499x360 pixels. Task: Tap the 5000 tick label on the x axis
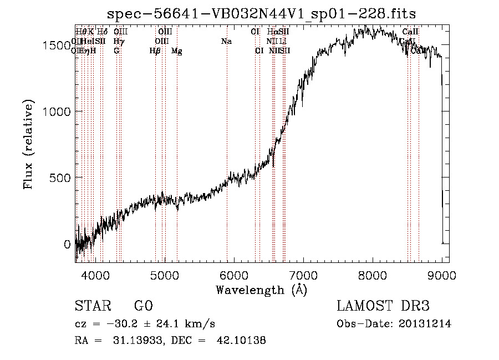(164, 275)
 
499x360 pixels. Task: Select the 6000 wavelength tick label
(233, 275)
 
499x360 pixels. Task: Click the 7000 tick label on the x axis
(303, 275)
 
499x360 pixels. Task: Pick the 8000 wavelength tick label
(373, 275)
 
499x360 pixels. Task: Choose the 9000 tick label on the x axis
(442, 275)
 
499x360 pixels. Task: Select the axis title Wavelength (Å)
(261, 290)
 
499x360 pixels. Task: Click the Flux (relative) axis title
(28, 144)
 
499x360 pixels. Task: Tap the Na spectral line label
(226, 42)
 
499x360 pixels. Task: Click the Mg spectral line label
(177, 51)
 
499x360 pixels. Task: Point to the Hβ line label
(155, 51)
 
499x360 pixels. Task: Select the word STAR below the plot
(93, 306)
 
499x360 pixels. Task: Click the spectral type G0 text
(144, 306)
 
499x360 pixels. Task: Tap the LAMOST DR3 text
(383, 306)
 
